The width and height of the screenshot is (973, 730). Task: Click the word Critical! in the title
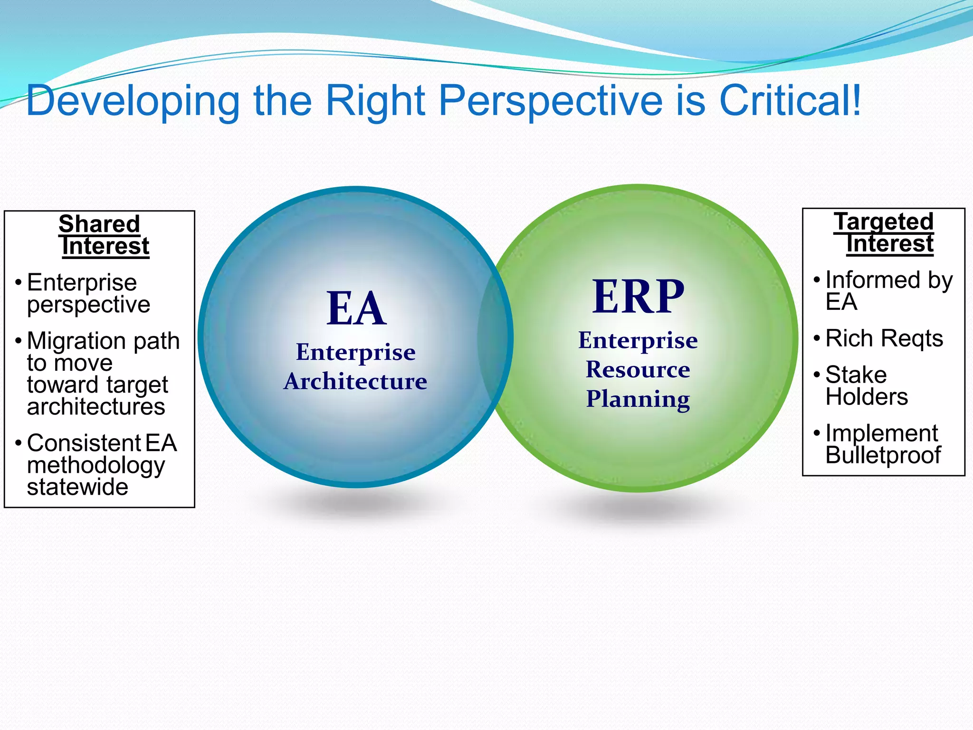coord(790,101)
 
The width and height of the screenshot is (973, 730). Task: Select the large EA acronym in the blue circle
coord(356,309)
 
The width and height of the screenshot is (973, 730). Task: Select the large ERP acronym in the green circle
coord(638,297)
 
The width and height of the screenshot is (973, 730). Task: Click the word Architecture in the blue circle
coord(355,382)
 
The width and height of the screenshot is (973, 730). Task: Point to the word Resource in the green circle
coord(638,370)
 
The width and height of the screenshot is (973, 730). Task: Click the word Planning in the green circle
coord(638,399)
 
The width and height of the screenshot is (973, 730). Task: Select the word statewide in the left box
coord(77,487)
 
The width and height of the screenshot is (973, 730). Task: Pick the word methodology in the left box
coord(96,465)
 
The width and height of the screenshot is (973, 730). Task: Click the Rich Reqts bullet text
coord(884,338)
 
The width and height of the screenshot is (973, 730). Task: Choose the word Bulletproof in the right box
coord(883,455)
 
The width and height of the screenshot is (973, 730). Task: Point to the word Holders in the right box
coord(866,397)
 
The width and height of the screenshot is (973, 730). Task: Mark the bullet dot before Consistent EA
coord(18,443)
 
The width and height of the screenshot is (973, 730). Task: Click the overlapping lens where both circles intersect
coord(495,337)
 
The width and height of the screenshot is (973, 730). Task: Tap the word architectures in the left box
coord(96,407)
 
